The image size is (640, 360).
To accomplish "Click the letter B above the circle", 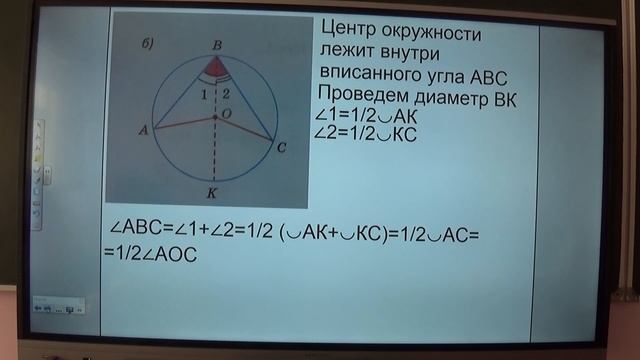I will pos(217,44).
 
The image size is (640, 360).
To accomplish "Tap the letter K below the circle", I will pos(211,191).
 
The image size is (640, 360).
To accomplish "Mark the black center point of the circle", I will pos(214,118).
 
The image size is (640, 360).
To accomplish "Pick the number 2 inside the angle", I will pos(226,94).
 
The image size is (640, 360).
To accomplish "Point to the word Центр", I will pos(352,32).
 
